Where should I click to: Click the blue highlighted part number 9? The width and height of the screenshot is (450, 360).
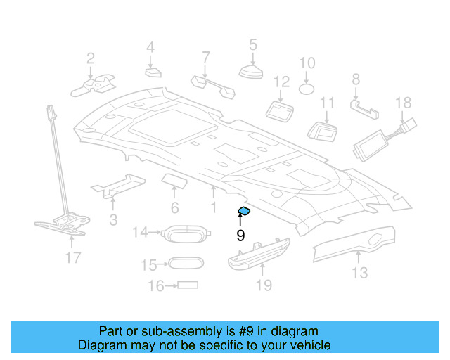pos(245,210)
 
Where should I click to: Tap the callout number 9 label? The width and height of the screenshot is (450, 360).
pos(240,236)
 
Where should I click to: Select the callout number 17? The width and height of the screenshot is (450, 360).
pos(73,257)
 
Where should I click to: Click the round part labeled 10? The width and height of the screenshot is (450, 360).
pos(307,89)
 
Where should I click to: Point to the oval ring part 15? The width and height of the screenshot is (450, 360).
pos(185,264)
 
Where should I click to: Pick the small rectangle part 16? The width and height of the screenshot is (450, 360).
pos(188,285)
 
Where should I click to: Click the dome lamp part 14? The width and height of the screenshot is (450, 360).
pos(184,233)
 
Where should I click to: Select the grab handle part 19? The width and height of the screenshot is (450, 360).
pos(258,252)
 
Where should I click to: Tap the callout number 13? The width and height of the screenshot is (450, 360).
pos(359,272)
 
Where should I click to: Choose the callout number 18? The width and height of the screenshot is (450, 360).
pos(403,103)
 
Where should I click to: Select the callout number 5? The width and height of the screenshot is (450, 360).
pos(252,46)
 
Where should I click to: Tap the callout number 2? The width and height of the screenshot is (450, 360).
pos(91,58)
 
